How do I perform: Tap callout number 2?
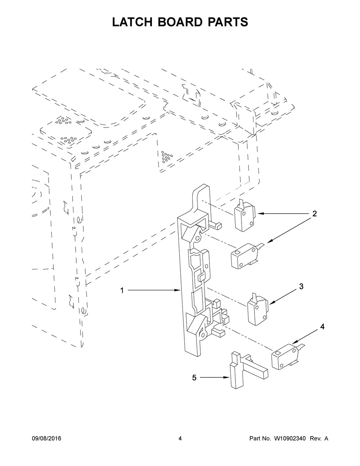pyautogui.click(x=314, y=214)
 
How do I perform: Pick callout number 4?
pyautogui.click(x=322, y=327)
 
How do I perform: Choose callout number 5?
pyautogui.click(x=194, y=378)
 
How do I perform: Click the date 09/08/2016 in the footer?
pyautogui.click(x=47, y=439)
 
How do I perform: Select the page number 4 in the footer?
pyautogui.click(x=180, y=439)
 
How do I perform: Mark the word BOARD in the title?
pyautogui.click(x=180, y=22)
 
